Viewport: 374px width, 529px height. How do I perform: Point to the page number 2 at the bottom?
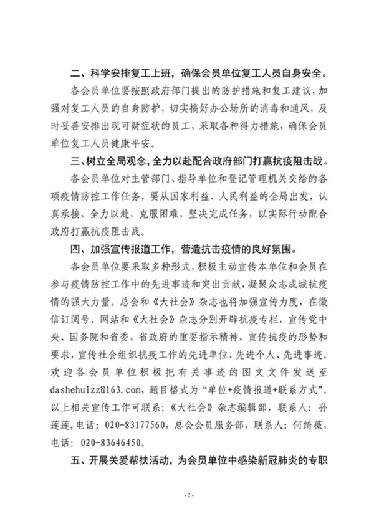187,496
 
